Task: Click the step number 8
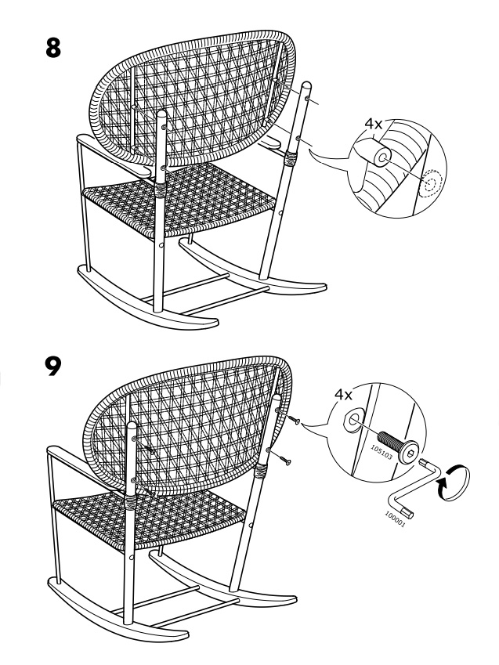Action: tap(53, 48)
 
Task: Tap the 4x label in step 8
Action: tap(374, 124)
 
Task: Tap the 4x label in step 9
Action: tap(343, 395)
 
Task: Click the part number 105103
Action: tap(382, 453)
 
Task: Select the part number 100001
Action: tap(395, 519)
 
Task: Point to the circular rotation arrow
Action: tap(453, 482)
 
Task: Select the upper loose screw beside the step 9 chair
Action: tap(294, 420)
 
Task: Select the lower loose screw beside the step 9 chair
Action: tap(284, 459)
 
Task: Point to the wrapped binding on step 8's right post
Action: tap(291, 158)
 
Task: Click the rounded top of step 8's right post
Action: tap(306, 86)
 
